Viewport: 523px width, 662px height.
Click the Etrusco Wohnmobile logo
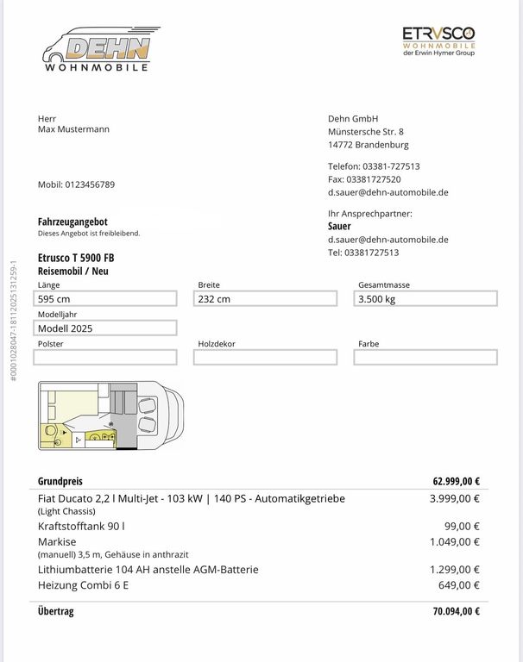[x=438, y=41]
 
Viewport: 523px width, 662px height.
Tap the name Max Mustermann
[x=73, y=129]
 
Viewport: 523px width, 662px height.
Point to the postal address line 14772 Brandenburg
[x=369, y=145]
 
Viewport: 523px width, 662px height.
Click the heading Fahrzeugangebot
[x=72, y=222]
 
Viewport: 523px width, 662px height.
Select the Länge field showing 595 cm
[x=106, y=299]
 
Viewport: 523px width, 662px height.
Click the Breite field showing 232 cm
[x=265, y=299]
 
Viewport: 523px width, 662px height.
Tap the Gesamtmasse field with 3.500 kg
[x=425, y=299]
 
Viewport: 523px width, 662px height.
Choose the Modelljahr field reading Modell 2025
[x=106, y=328]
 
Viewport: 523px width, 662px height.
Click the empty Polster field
[x=106, y=358]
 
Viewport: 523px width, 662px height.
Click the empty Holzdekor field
[x=265, y=358]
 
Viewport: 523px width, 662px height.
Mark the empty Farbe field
[x=425, y=358]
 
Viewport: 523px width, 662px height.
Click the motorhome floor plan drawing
[x=111, y=415]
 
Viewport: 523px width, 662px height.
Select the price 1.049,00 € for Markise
[x=455, y=541]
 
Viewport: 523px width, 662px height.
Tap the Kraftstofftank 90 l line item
[x=81, y=526]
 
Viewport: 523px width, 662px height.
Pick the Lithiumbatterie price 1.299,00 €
[x=455, y=570]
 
